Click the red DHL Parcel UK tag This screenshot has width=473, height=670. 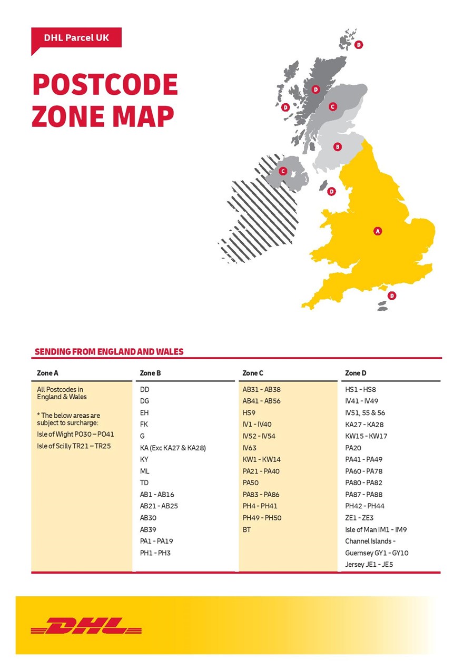[x=76, y=38]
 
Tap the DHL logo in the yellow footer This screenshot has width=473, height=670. [x=86, y=626]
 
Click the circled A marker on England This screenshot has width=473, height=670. [x=377, y=231]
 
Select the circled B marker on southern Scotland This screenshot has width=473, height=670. [x=338, y=147]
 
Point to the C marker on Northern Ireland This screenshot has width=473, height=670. [x=283, y=171]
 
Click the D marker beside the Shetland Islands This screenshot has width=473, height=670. [x=359, y=45]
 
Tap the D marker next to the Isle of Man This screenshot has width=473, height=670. [x=331, y=191]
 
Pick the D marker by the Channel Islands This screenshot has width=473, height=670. [x=391, y=296]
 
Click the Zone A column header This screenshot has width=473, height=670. [x=48, y=373]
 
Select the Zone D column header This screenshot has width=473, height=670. [x=356, y=373]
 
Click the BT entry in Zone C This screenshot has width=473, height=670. [x=247, y=529]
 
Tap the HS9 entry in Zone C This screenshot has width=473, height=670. [x=250, y=413]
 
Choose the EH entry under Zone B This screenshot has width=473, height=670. [x=144, y=413]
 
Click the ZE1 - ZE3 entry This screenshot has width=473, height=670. [x=359, y=518]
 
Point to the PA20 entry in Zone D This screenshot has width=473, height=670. [x=353, y=448]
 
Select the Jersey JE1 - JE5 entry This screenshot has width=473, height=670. [x=369, y=564]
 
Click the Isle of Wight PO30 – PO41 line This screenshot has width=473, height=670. [x=75, y=435]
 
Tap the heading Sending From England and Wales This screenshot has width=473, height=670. [x=109, y=351]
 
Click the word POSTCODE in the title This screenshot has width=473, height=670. [x=105, y=84]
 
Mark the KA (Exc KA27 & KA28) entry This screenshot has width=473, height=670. [x=173, y=448]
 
